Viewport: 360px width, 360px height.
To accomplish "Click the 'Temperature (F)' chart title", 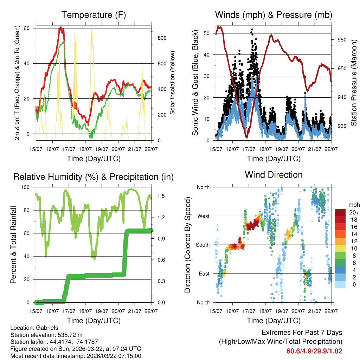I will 94,15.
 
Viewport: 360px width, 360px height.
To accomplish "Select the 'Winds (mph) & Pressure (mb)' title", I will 274,15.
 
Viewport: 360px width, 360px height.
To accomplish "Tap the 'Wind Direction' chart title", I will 274,175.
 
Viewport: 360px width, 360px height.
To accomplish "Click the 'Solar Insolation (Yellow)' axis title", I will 173,83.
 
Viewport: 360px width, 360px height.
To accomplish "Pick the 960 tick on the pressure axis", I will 342,40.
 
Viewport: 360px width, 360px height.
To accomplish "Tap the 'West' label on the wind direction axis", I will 203,216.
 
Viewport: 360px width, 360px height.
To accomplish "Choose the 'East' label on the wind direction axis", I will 203,274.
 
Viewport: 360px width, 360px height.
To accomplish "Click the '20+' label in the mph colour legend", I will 353,212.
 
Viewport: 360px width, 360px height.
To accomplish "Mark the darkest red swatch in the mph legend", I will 340,212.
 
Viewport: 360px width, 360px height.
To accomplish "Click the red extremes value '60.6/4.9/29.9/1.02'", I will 314,351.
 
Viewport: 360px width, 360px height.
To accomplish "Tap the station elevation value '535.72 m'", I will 69,335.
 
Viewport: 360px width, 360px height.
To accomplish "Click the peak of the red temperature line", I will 60,27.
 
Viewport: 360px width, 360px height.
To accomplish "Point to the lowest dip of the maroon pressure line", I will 247,137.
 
